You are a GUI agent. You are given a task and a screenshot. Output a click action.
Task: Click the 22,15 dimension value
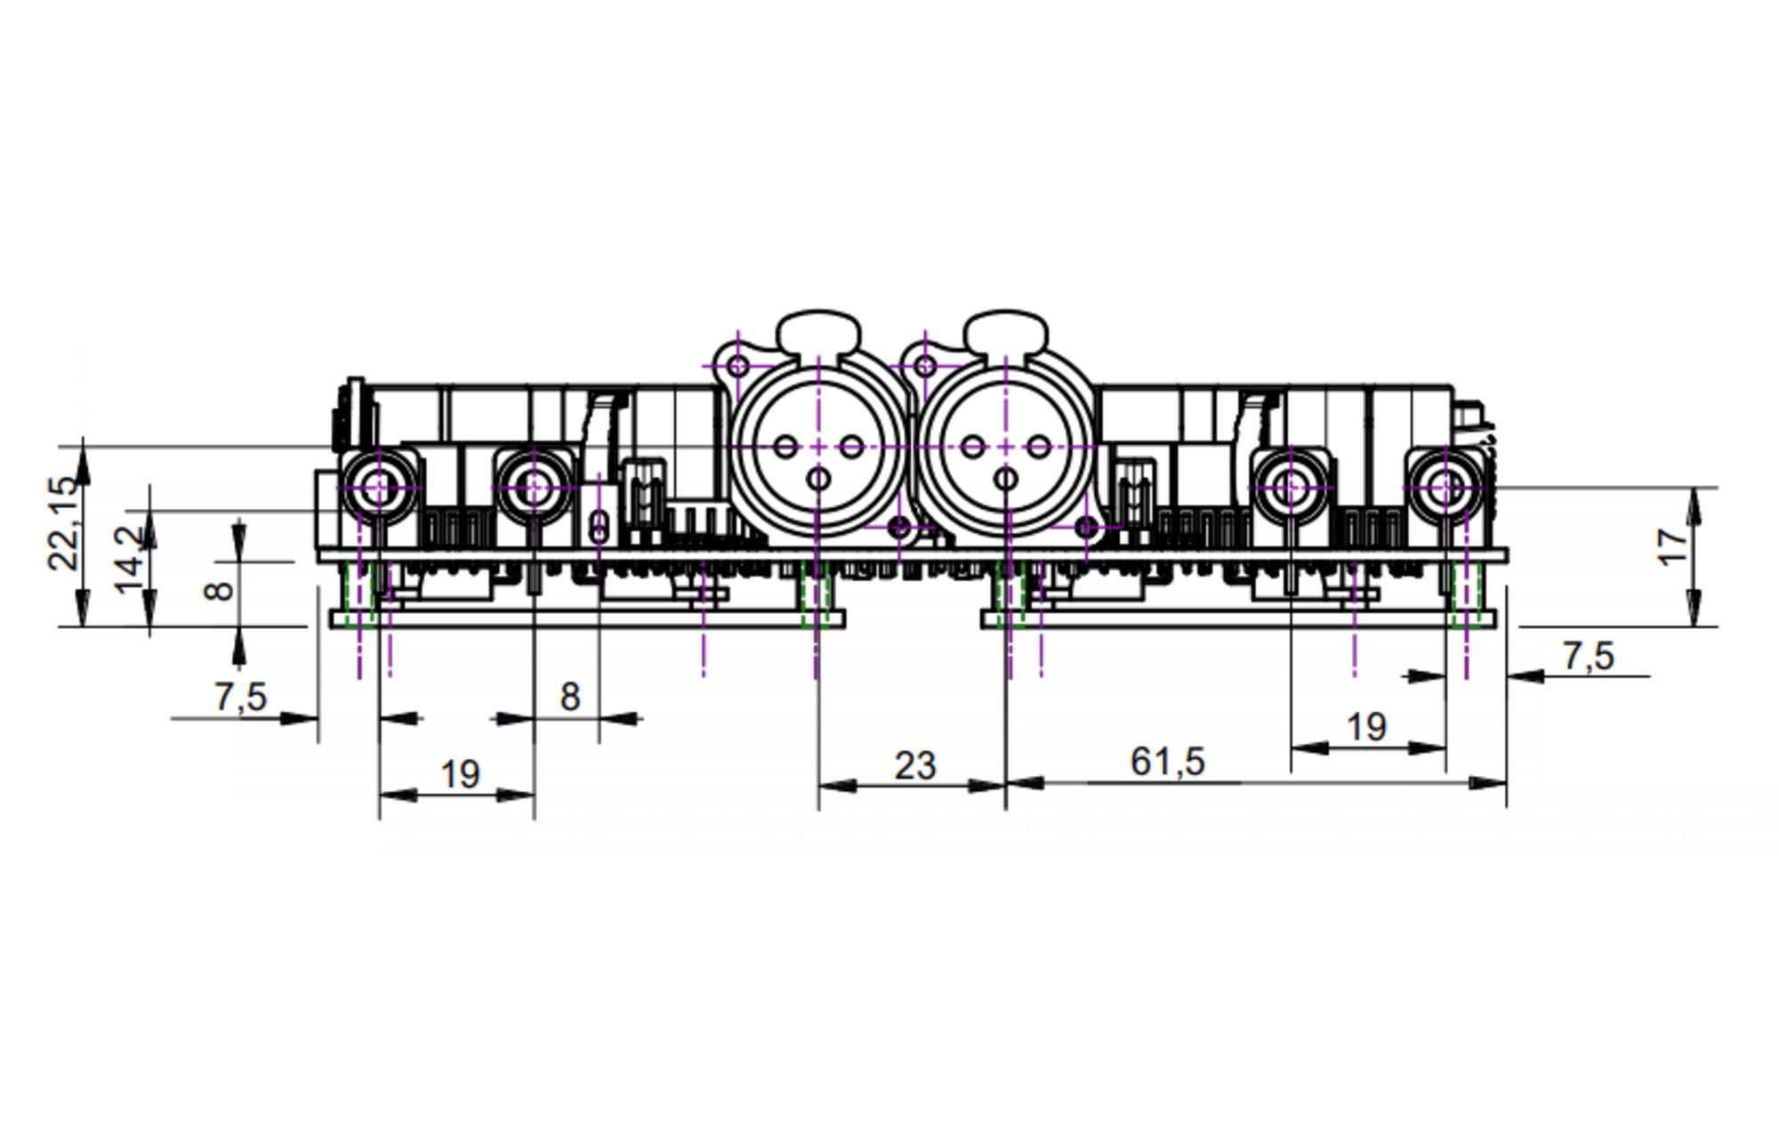[64, 523]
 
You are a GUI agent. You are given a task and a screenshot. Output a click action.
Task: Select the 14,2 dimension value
[131, 559]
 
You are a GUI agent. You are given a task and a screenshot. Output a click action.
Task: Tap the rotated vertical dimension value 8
[219, 589]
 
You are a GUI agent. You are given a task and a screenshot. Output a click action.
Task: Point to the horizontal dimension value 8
[570, 697]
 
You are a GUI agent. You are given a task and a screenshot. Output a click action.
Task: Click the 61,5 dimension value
[1167, 762]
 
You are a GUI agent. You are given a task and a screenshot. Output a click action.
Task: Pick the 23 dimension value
[915, 765]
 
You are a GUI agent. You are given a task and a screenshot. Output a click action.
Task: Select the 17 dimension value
[1673, 546]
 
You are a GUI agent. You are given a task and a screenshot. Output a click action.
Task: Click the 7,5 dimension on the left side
[240, 697]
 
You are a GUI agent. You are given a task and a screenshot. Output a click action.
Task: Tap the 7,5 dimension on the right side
[1588, 657]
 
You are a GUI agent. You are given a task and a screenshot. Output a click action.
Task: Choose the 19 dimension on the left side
[461, 774]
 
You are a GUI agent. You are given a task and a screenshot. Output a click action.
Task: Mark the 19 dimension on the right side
[1367, 727]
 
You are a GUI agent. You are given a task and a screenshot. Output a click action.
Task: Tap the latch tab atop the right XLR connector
[1005, 331]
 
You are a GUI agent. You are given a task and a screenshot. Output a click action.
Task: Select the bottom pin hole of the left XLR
[818, 480]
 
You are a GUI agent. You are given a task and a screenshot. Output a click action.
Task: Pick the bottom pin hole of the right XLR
[1006, 480]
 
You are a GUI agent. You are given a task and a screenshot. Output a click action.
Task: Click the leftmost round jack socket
[379, 487]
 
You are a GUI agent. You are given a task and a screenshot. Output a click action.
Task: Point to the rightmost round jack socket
[1445, 487]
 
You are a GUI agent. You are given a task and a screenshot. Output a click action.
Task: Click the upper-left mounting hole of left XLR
[738, 365]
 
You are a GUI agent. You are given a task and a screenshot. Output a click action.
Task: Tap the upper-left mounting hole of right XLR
[925, 365]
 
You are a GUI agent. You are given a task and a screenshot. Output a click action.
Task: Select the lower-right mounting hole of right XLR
[1086, 527]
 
